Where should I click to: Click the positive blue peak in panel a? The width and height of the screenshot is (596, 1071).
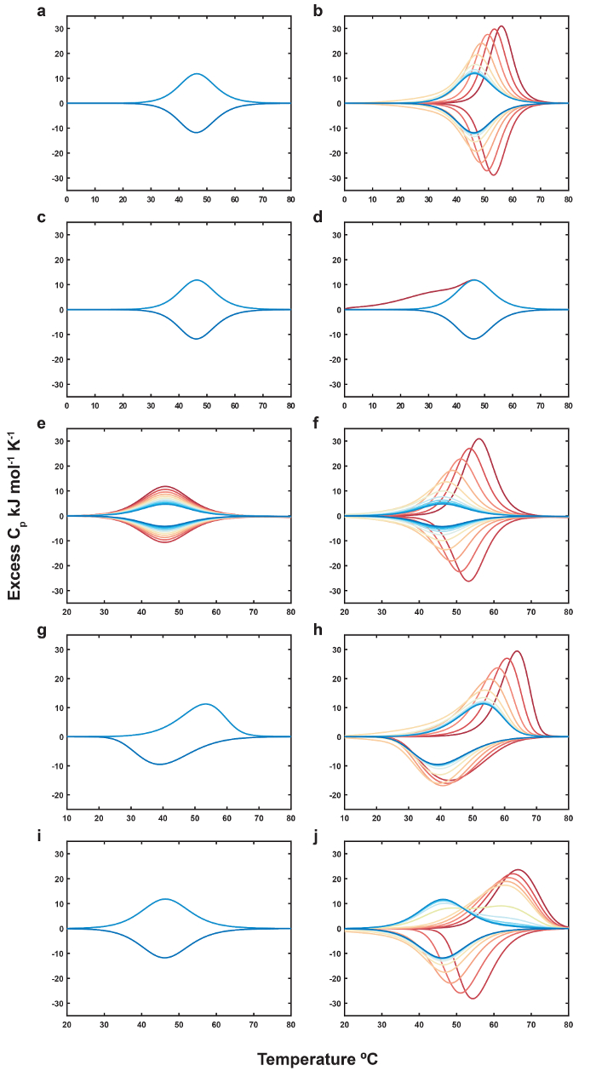(197, 74)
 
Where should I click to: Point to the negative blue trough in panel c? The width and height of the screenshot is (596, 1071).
(197, 339)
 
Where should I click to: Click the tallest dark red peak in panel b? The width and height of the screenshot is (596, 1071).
(501, 26)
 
